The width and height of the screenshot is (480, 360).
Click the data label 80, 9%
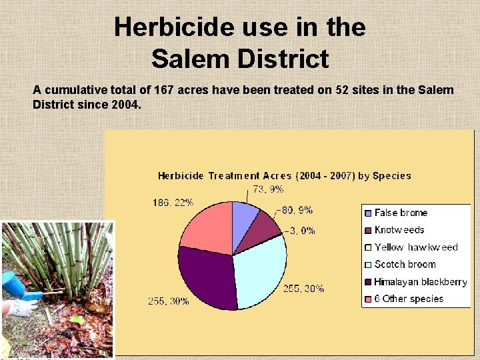297,210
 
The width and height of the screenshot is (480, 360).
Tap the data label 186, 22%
173,203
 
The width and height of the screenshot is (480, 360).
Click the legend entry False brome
401,213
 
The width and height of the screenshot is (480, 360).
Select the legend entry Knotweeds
399,230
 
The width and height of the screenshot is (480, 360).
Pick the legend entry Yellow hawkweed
416,247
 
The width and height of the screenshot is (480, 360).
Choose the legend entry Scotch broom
405,265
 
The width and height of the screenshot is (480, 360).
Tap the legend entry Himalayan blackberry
420,282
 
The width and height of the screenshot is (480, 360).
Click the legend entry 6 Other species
409,299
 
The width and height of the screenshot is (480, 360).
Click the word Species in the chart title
392,176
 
